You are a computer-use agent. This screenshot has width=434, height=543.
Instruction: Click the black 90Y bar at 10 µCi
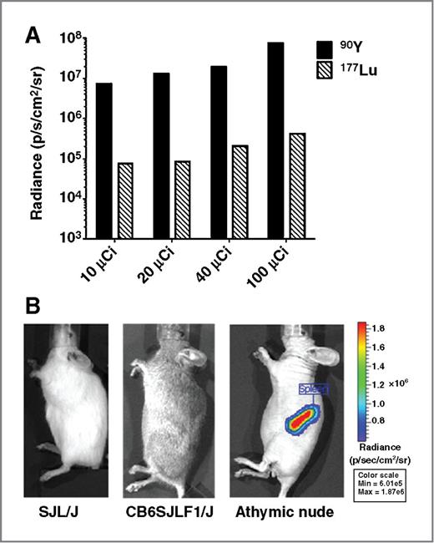pyautogui.click(x=104, y=160)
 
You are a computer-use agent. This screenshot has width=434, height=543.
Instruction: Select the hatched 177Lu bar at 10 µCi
pyautogui.click(x=125, y=200)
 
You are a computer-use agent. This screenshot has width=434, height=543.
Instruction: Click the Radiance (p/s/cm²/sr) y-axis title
pyautogui.click(x=38, y=138)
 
